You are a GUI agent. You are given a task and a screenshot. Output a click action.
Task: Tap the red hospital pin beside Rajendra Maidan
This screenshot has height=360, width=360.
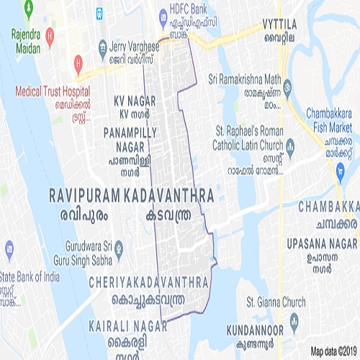[x=48, y=35]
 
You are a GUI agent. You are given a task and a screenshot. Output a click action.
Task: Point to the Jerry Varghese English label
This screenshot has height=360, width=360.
[x=134, y=45]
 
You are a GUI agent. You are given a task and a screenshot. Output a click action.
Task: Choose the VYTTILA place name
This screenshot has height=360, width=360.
[x=279, y=24]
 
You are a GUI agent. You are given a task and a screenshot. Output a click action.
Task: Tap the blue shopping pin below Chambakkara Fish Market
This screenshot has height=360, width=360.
[x=340, y=170]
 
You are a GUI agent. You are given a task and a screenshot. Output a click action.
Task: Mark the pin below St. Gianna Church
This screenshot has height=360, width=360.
[x=293, y=320]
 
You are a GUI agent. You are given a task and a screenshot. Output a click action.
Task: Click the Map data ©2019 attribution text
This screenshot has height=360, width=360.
[x=334, y=351]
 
